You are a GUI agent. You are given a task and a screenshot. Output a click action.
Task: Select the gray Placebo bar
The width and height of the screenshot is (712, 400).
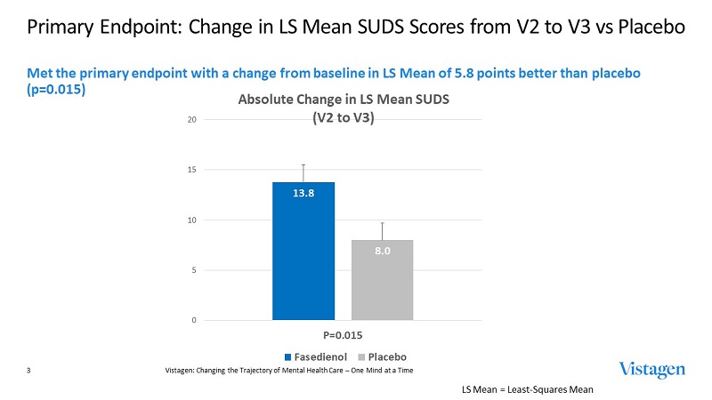pos(383,284)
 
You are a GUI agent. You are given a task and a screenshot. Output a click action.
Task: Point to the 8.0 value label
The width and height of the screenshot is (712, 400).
pos(383,252)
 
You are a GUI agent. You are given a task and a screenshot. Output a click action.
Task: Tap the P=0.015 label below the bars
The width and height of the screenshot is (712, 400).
pos(343,336)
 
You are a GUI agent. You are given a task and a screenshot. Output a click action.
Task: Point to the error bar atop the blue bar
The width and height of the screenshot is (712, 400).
pos(303,172)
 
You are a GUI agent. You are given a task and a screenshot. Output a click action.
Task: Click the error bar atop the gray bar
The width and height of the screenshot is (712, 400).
pos(383,231)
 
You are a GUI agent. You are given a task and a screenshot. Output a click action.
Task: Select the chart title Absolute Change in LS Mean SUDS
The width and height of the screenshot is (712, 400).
pos(343,100)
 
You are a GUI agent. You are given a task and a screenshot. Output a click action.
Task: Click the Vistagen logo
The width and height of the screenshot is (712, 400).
pos(653,369)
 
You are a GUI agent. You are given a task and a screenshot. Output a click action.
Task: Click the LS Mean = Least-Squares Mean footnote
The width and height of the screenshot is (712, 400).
pos(527,389)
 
